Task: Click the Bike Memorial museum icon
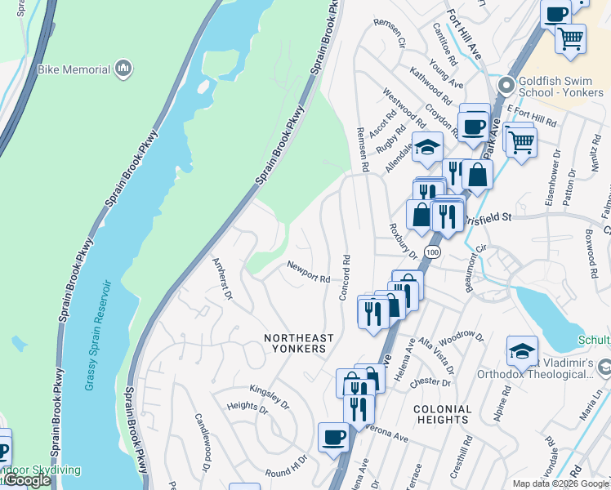(x=124, y=68)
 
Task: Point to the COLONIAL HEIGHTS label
(x=442, y=414)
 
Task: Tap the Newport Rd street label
(x=308, y=272)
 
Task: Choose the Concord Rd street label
(x=346, y=277)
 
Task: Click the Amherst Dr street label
(x=223, y=278)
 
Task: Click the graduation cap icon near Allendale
(x=426, y=147)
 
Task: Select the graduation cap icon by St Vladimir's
(x=522, y=351)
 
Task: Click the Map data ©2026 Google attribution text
(x=560, y=483)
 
